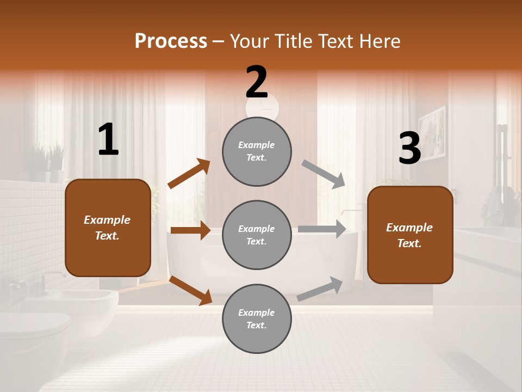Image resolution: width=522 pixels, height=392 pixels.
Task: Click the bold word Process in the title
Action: coord(171,41)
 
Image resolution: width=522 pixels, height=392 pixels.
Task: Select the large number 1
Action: coord(108,139)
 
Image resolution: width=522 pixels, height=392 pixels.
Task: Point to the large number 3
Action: coord(409,148)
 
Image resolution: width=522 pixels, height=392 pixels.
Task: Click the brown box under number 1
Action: coord(108,228)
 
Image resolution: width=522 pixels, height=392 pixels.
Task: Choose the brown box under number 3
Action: coord(410,235)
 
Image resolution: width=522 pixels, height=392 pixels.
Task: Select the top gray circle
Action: coord(257,151)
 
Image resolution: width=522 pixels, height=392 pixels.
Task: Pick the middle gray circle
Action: coord(257,235)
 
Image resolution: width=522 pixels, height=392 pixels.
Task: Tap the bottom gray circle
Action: coord(257,318)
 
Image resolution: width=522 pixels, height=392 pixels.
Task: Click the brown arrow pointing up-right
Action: coord(189,174)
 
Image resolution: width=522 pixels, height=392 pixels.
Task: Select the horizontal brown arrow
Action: coord(190,230)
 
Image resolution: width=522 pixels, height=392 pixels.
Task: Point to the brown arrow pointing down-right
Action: coord(191,290)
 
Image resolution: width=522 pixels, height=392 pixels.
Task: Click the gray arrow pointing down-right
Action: coord(323,174)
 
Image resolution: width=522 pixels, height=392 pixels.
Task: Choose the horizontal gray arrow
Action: coord(322,229)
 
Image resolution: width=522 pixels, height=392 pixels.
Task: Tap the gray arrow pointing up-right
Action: coord(320,289)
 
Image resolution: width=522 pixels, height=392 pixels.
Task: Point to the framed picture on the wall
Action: coord(432,134)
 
